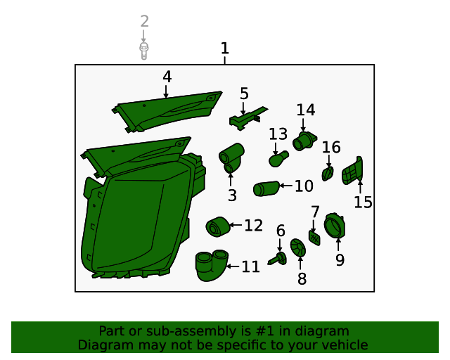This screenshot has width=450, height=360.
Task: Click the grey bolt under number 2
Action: [143, 51]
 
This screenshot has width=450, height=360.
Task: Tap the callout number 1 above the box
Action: [225, 49]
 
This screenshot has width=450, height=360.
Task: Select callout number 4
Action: [167, 77]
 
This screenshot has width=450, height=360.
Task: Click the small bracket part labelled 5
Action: [248, 118]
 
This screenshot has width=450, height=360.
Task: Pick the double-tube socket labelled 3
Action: [231, 158]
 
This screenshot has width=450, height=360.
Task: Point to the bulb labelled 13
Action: [278, 159]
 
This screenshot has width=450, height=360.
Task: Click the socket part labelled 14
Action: [304, 141]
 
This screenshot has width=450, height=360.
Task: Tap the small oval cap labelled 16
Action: [328, 174]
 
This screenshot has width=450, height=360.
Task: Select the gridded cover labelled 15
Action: [352, 171]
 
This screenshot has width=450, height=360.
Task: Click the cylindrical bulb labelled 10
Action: [266, 188]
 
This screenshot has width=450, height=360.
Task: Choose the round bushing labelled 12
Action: [218, 227]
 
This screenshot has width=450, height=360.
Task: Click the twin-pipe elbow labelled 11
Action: [212, 266]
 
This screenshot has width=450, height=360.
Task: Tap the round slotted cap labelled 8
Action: [298, 247]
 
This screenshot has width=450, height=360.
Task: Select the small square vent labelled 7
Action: [314, 238]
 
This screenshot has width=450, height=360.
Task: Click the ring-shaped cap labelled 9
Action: [335, 226]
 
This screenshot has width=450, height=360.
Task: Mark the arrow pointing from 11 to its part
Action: [233, 266]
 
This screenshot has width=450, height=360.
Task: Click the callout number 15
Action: [363, 202]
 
